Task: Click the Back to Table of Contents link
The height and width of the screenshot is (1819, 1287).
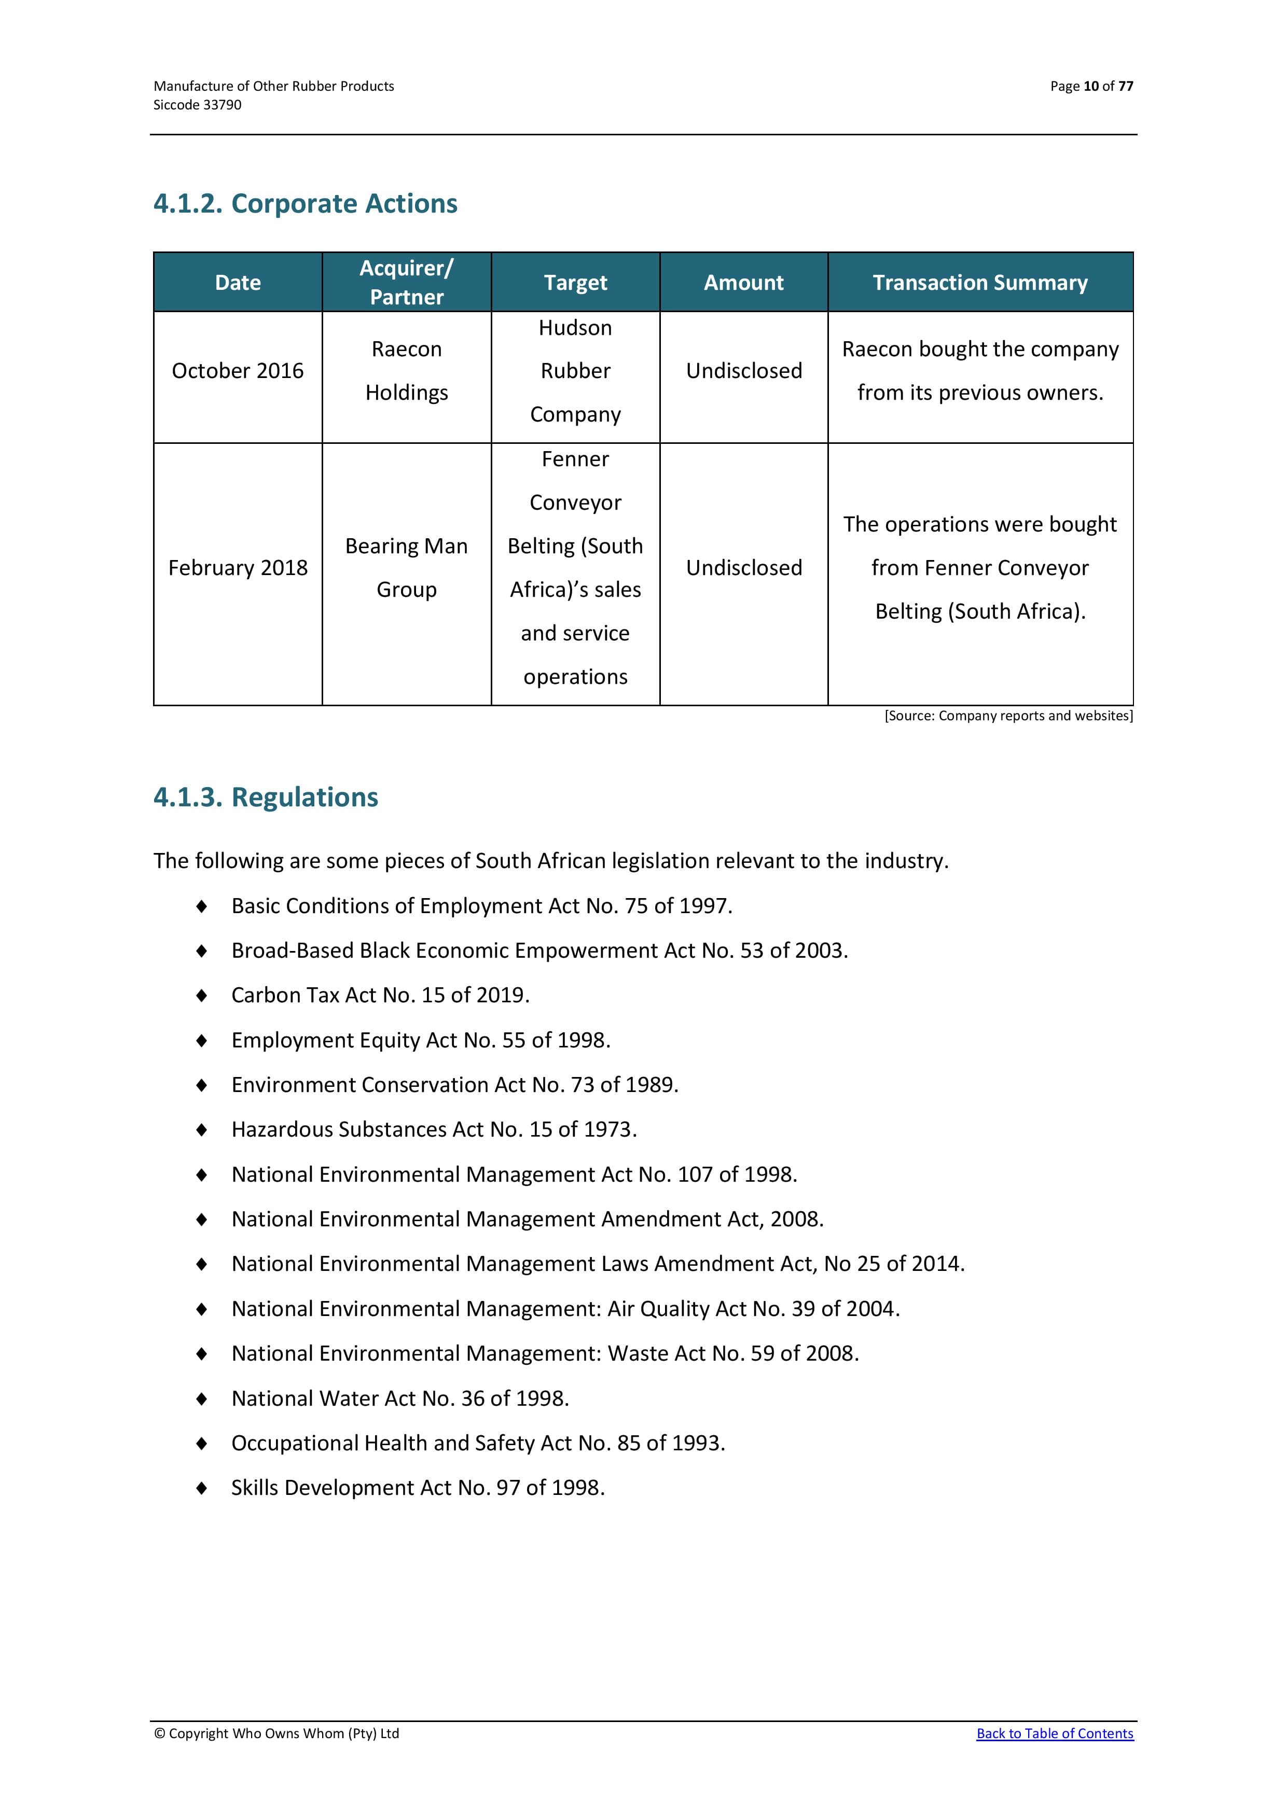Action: (x=1054, y=1733)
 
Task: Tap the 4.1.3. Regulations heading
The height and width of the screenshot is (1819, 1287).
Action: (x=266, y=797)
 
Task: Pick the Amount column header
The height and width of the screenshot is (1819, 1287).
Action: (x=743, y=283)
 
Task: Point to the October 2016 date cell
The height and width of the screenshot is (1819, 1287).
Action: (x=238, y=371)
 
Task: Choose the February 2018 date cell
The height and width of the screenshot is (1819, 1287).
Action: (x=238, y=568)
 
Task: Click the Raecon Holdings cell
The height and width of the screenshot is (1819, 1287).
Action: (x=407, y=371)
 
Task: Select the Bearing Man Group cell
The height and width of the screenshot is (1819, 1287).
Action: (x=407, y=568)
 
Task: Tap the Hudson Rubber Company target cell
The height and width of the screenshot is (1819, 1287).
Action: (x=575, y=371)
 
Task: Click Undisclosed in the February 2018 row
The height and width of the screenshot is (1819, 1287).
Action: (x=743, y=568)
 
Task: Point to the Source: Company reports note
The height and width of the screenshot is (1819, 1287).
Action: (x=1008, y=716)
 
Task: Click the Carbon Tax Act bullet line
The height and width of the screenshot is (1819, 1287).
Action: (x=380, y=995)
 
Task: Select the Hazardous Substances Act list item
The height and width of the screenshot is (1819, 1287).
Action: (x=434, y=1129)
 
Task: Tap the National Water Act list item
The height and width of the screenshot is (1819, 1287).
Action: (x=400, y=1398)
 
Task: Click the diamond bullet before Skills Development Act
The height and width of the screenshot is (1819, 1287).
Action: (x=202, y=1488)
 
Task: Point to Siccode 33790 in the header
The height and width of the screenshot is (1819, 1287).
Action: (x=197, y=105)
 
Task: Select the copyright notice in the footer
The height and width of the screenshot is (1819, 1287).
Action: (x=276, y=1733)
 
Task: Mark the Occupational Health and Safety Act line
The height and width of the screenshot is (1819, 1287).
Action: (x=478, y=1443)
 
